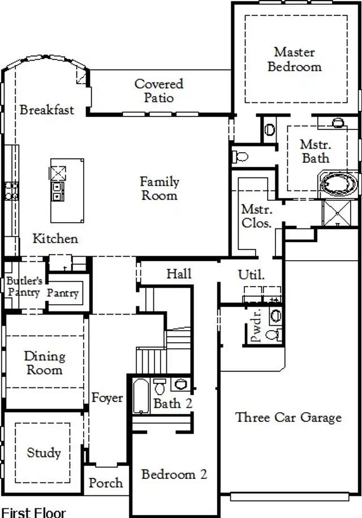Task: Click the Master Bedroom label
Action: [x=294, y=59]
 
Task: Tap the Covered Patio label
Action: [x=158, y=90]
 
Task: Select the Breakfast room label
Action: [x=46, y=110]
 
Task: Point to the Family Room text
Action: [x=159, y=189]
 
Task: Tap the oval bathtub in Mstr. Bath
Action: [x=339, y=184]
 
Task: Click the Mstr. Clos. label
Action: [x=256, y=215]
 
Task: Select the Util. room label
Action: [x=251, y=275]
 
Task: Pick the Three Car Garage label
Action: [x=288, y=417]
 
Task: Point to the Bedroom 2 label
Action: [x=174, y=474]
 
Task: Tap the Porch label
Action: [x=106, y=483]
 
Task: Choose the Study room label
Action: [x=44, y=453]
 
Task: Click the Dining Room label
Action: [x=44, y=363]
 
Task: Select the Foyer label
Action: [x=107, y=398]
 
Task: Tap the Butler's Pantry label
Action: [x=23, y=287]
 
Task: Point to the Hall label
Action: [x=179, y=274]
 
